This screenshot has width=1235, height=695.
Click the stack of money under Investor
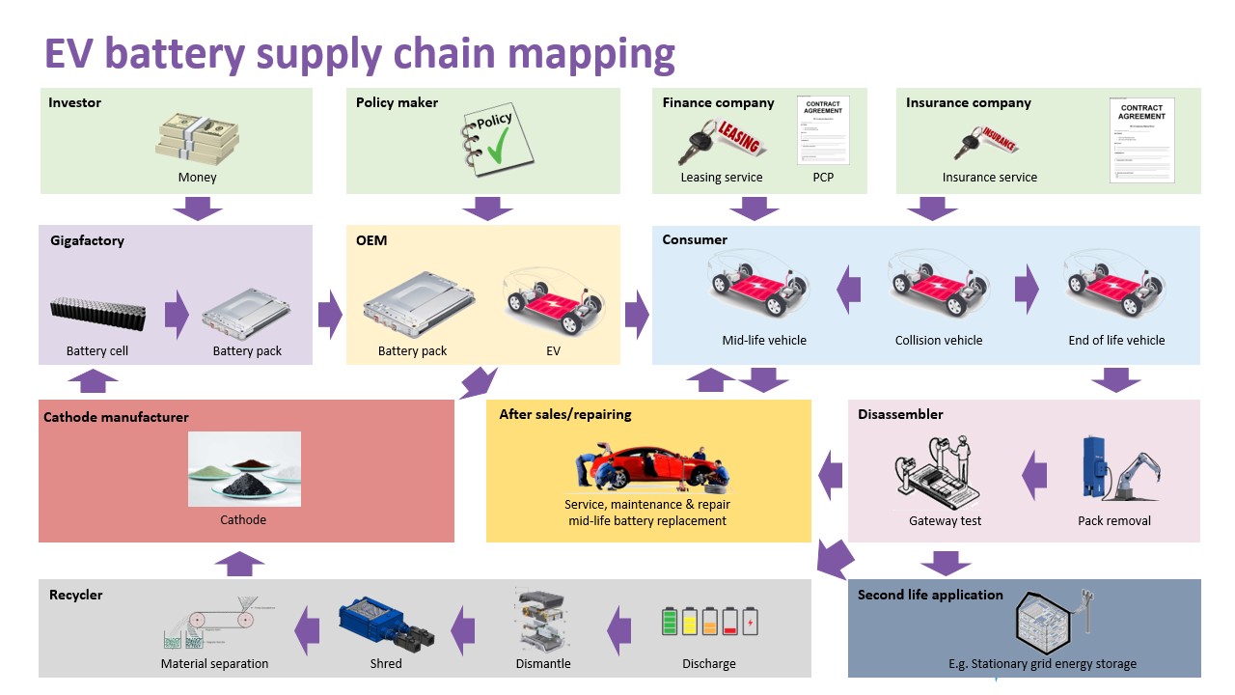tap(197, 135)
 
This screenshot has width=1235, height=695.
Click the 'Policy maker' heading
tap(397, 102)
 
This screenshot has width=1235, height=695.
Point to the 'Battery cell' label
tap(97, 351)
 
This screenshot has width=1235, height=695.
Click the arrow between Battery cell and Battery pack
tap(177, 315)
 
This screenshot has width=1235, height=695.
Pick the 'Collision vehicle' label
tap(938, 340)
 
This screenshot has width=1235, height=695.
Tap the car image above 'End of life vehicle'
tap(1115, 285)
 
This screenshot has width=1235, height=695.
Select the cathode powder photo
tap(244, 469)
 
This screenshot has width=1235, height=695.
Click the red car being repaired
tap(647, 469)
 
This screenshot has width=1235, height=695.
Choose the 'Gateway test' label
tap(945, 521)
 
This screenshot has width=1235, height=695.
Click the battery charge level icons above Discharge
tap(709, 621)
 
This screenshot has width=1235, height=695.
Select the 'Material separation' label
tap(214, 663)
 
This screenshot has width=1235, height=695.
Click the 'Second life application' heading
tap(930, 595)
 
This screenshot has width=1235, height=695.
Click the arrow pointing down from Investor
tap(197, 208)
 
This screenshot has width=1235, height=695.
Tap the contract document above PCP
tap(822, 130)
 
